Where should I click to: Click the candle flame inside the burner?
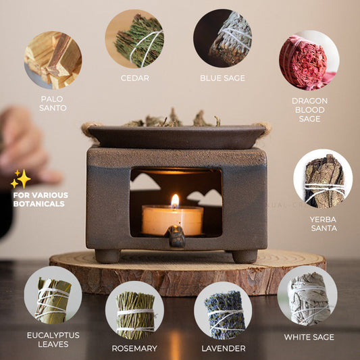coord(175,201)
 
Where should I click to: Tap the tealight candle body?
coord(172,220)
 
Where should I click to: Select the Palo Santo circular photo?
coord(53,60)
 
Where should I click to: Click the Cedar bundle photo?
coord(134,38)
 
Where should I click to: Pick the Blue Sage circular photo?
coord(223,38)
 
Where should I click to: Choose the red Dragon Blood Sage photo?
coord(309,60)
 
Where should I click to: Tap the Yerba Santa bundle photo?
coord(323,179)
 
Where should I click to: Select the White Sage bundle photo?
coord(307,295)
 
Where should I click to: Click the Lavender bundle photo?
coord(223,311)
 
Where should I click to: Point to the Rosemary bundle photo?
coord(134,311)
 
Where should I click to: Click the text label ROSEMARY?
coord(134,349)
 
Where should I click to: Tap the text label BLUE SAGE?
coord(223,78)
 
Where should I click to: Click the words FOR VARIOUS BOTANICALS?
coord(41,199)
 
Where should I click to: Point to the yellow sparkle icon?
coord(21,179)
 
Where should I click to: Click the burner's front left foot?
coord(107,256)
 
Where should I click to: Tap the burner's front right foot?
coord(245,256)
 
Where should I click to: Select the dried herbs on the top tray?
coord(172,120)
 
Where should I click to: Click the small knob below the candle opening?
coord(176,236)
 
